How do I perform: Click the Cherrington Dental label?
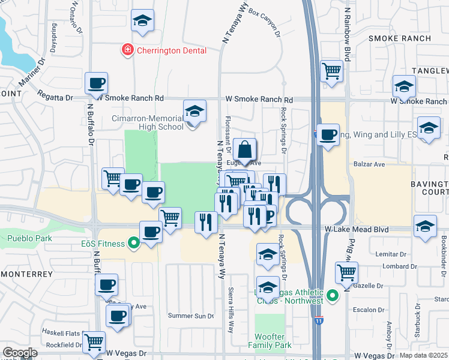point(171,51)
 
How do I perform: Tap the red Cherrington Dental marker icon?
point(127,50)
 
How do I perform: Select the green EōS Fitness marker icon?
point(134,244)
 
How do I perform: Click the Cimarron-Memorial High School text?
point(148,122)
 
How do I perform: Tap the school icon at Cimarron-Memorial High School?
point(194,112)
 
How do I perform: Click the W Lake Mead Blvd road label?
point(354,229)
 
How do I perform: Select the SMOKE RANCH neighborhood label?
point(400,38)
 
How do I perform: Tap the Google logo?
point(20,352)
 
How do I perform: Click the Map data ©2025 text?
point(424,355)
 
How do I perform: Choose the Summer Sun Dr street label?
point(190,316)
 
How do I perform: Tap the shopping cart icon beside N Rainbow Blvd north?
point(331,71)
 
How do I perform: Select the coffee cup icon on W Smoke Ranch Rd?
point(96,83)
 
